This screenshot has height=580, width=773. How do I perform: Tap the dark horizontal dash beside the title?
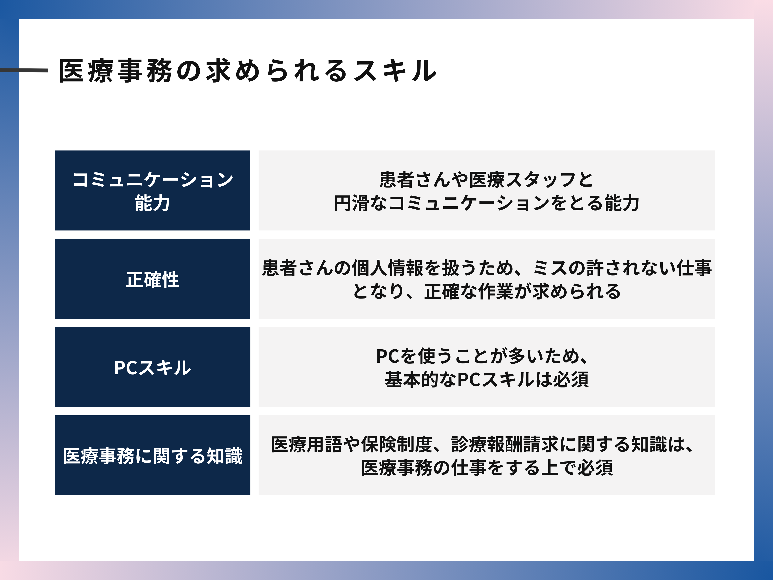click(24, 70)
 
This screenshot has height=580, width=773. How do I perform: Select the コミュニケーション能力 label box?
click(152, 191)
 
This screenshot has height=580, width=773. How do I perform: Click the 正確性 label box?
click(152, 279)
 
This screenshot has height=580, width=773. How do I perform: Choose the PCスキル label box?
click(152, 367)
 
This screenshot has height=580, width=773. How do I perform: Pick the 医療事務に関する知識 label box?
click(152, 455)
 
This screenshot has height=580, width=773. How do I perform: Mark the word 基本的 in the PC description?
click(412, 380)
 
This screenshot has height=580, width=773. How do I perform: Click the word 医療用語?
click(306, 445)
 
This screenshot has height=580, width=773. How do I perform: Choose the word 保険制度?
click(396, 445)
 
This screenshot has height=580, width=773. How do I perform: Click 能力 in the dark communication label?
click(152, 203)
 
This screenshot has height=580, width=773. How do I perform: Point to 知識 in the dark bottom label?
click(225, 456)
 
